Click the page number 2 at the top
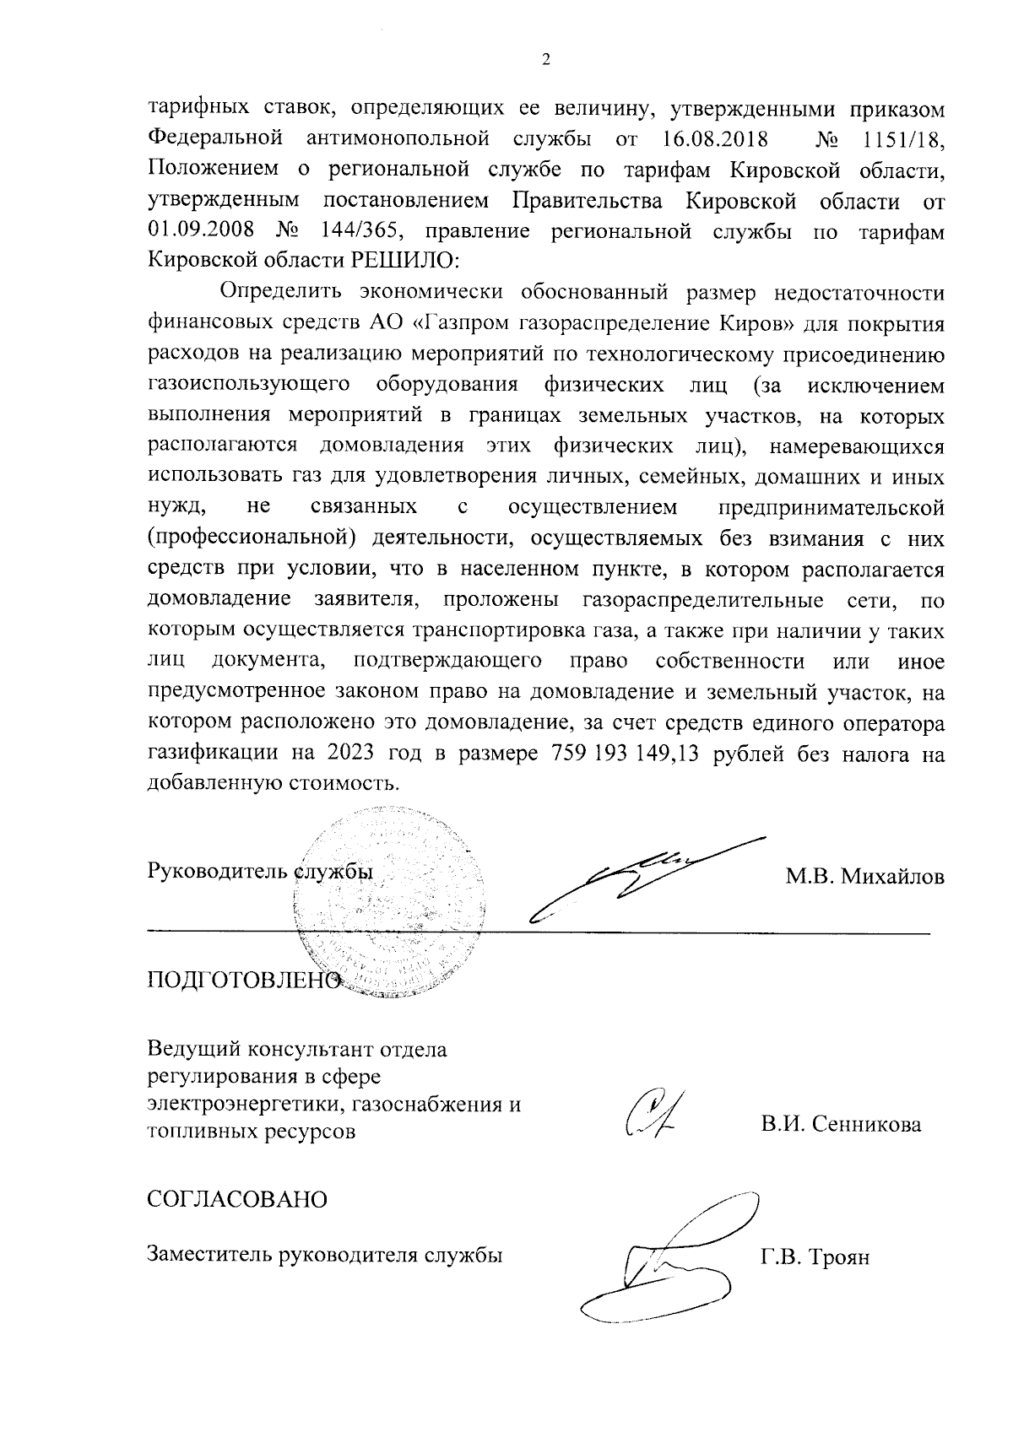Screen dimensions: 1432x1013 545,60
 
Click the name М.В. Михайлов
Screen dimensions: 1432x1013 864,878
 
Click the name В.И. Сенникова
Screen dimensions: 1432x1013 840,1125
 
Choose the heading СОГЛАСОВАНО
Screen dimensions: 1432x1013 237,1199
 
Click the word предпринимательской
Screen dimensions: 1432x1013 830,509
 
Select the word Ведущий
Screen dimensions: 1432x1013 193,1051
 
